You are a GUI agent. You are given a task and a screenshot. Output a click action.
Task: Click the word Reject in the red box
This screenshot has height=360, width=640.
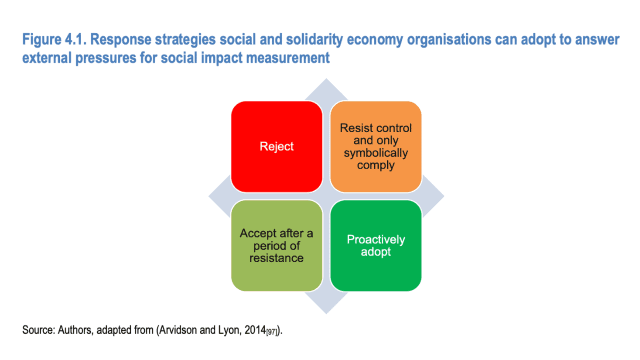276,146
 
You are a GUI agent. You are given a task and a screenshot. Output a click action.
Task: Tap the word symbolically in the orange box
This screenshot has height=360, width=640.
375,153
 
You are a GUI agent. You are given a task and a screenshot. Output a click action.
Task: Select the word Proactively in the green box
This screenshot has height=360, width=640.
375,239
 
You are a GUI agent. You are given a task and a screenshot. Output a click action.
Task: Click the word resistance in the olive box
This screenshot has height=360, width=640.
276,258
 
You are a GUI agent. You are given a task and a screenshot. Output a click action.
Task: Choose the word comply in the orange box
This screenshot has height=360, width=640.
375,165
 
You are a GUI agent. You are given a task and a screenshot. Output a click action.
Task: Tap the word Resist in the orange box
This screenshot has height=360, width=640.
353,128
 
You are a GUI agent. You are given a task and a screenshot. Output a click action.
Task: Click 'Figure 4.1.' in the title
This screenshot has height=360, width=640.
54,39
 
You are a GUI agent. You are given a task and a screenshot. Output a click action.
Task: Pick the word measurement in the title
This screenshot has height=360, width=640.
287,58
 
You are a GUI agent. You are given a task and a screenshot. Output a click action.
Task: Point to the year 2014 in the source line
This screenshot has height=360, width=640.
255,330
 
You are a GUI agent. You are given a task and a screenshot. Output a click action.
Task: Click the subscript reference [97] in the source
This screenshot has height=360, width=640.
272,332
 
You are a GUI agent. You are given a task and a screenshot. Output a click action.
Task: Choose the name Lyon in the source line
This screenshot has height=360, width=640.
231,330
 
